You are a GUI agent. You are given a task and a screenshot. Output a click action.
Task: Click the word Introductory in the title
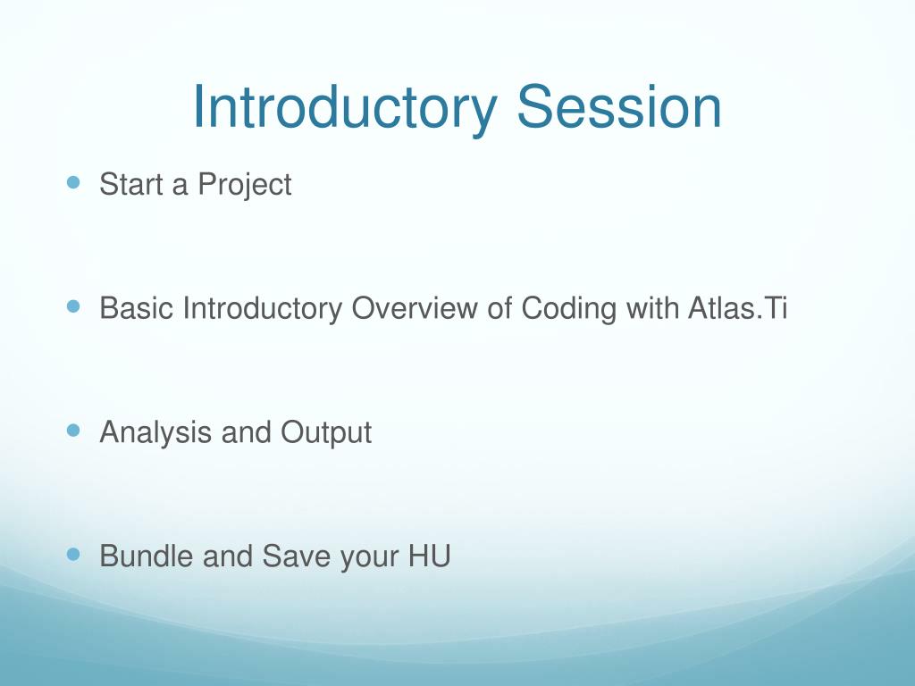pyautogui.click(x=345, y=107)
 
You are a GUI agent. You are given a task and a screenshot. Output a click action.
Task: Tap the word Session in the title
pyautogui.click(x=620, y=106)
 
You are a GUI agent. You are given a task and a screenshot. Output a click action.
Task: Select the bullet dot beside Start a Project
pyautogui.click(x=73, y=182)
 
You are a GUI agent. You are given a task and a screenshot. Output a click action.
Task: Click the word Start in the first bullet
pyautogui.click(x=131, y=184)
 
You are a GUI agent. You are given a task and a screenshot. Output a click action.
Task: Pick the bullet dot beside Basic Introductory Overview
pyautogui.click(x=73, y=306)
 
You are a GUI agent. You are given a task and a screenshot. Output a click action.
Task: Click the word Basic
pyautogui.click(x=137, y=308)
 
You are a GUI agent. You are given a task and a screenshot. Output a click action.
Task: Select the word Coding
pyautogui.click(x=569, y=309)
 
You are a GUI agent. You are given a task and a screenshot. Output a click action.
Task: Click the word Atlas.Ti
pyautogui.click(x=737, y=308)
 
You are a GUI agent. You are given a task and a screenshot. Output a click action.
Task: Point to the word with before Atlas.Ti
pyautogui.click(x=651, y=308)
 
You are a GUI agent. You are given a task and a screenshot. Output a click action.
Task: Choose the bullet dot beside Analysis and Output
pyautogui.click(x=73, y=431)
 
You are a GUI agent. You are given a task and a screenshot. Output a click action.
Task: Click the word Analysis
pyautogui.click(x=155, y=433)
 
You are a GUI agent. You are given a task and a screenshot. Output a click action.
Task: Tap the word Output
pyautogui.click(x=326, y=433)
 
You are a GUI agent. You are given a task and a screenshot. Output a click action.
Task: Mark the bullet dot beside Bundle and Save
pyautogui.click(x=73, y=554)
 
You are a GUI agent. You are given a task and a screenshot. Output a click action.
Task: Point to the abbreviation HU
pyautogui.click(x=430, y=556)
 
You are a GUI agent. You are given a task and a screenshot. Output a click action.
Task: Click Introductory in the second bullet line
pyautogui.click(x=263, y=309)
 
